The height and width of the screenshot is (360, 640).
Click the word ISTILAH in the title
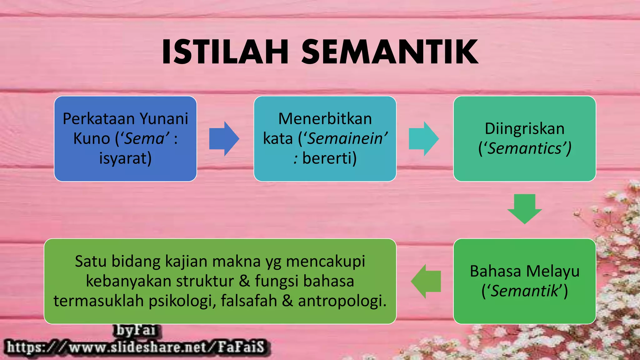point(225,52)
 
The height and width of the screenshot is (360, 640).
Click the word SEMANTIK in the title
point(390,52)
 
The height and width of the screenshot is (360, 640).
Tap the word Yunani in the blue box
point(163,119)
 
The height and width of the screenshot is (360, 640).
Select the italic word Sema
point(144,138)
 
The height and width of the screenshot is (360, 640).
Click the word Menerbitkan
point(325,119)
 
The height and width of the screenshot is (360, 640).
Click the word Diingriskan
point(524,129)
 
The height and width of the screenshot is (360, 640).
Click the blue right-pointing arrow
point(224,139)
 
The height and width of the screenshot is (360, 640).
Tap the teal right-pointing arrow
point(424,139)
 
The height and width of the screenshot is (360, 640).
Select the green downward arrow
point(524,208)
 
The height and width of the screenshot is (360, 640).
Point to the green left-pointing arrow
point(426,281)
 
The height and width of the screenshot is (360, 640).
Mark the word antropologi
point(342,301)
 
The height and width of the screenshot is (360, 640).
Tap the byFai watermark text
point(136,330)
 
